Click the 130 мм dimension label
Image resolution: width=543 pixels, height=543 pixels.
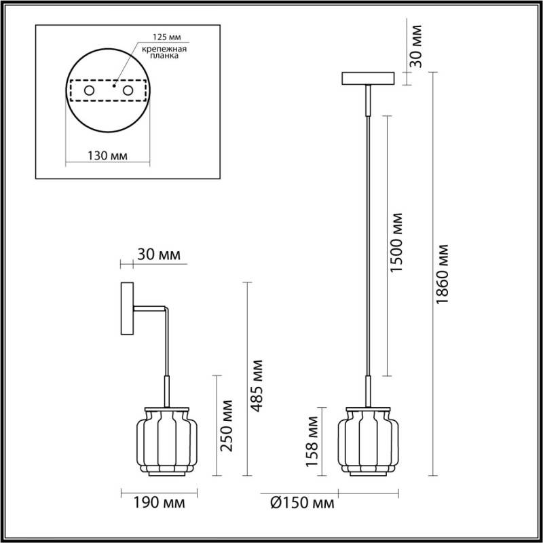tap(109, 155)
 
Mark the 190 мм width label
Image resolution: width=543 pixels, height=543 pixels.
tap(154, 503)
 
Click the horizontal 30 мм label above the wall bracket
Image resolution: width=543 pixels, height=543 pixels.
tap(159, 255)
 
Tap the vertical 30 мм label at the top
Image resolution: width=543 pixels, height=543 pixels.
tap(416, 46)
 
